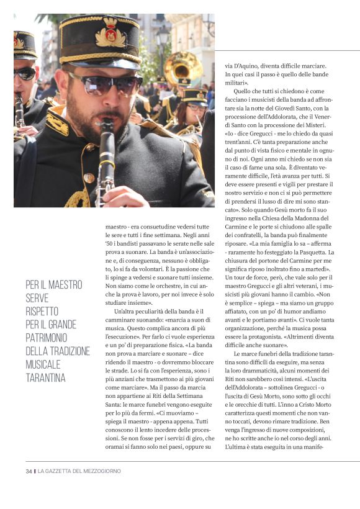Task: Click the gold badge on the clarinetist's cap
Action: pyautogui.click(x=110, y=36)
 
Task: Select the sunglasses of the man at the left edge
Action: pyautogui.click(x=25, y=73)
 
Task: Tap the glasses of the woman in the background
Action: pyautogui.click(x=194, y=107)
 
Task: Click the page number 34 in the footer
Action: pyautogui.click(x=29, y=471)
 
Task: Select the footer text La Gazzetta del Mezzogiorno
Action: pyautogui.click(x=79, y=471)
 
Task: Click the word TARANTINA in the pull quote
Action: pyautogui.click(x=45, y=377)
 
